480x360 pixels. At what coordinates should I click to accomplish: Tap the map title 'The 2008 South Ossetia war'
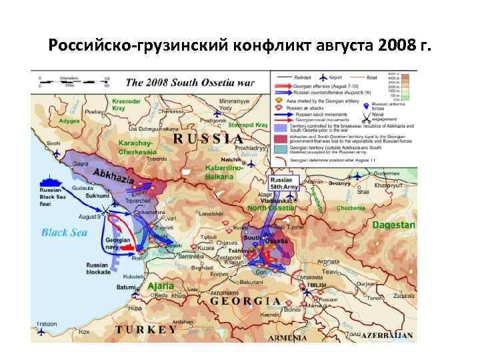190,83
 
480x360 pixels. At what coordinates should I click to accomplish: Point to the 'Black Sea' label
64,232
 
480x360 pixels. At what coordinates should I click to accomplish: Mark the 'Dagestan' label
393,225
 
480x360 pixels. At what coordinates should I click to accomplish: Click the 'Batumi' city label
125,287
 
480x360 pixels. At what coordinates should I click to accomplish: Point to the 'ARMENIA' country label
288,337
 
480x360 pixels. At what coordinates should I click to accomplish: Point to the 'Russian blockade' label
98,269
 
